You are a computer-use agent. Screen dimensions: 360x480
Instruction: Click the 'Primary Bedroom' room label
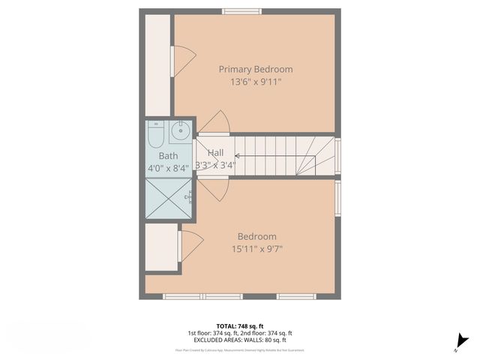tap(255, 69)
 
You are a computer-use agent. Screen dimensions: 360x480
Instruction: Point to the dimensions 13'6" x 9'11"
tap(255, 82)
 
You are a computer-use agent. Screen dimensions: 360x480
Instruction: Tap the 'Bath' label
tap(168, 156)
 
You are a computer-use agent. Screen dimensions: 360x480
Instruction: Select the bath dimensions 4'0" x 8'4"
tap(168, 168)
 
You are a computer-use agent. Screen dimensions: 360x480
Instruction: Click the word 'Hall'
tap(215, 153)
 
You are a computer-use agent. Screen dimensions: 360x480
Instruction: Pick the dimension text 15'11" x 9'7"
tap(257, 248)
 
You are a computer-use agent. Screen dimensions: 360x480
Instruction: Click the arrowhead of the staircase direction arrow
tap(237, 157)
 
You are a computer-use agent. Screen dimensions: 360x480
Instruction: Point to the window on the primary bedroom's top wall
tap(241, 11)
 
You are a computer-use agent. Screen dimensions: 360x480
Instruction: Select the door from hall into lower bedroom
tap(213, 189)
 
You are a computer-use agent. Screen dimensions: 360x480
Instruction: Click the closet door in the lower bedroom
tap(190, 245)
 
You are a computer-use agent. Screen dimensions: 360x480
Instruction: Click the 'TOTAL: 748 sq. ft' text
tap(239, 325)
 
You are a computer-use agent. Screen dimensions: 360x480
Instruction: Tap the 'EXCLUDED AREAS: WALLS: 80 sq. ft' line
tap(239, 340)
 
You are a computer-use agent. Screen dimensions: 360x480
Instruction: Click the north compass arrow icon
tap(460, 341)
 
